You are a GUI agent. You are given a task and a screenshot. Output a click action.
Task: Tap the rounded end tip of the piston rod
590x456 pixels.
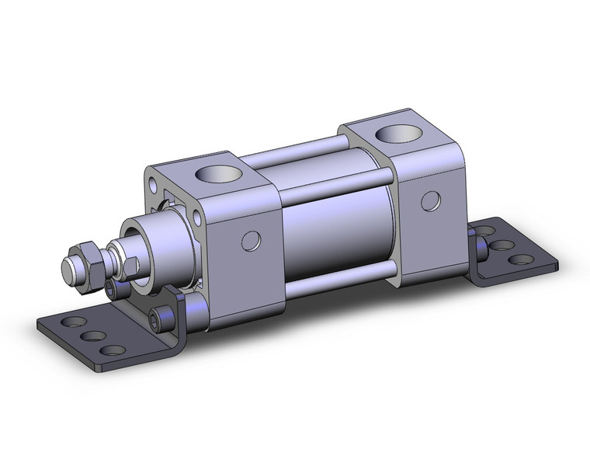pos(68,272)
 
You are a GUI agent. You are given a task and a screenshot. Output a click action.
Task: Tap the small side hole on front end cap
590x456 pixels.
pos(249,239)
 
